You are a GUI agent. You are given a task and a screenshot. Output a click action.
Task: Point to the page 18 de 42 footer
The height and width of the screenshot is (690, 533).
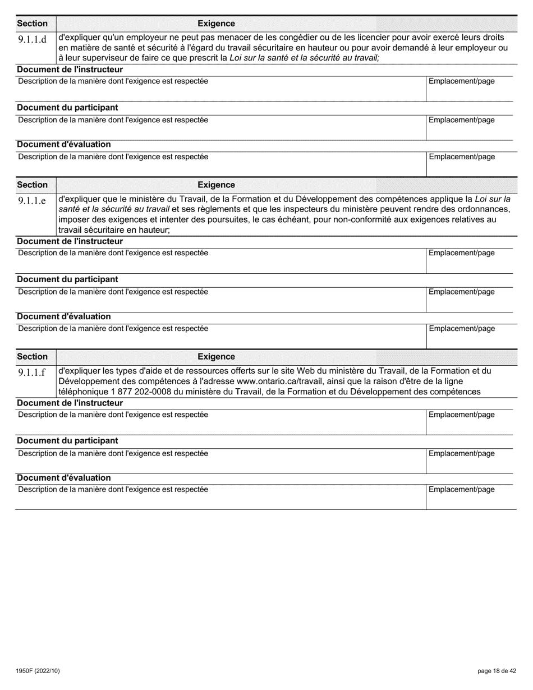tap(497, 671)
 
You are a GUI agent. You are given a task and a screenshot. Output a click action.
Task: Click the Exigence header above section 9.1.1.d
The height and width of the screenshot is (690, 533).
tap(216, 24)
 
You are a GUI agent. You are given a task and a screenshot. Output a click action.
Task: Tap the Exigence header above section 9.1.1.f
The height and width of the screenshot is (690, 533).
tap(216, 357)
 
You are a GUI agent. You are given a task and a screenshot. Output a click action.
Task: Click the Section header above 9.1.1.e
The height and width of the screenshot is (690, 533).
tap(33, 185)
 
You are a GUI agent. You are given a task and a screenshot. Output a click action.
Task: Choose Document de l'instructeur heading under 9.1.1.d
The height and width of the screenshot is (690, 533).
tap(70, 70)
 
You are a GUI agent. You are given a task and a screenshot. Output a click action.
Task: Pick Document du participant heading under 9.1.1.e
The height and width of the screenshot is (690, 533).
tap(67, 279)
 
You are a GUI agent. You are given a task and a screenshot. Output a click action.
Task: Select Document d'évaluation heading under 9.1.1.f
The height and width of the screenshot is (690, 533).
tap(64, 478)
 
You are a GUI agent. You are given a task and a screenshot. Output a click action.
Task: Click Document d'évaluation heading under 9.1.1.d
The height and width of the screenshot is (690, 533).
tap(64, 145)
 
